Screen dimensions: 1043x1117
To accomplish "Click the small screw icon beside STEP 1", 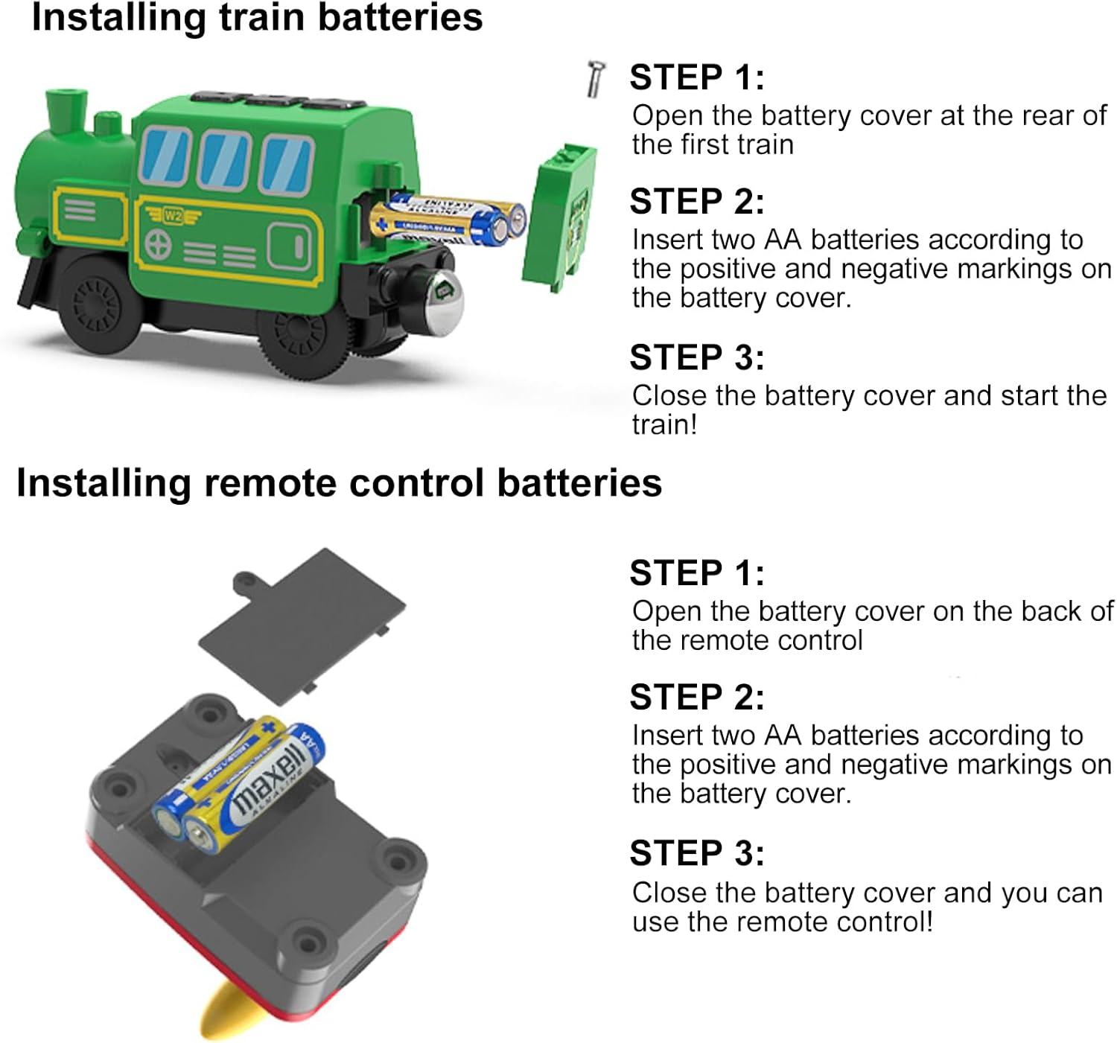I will (595, 79).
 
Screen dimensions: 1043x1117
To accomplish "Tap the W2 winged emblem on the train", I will (173, 216).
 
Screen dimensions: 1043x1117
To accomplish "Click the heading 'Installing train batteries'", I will (257, 18).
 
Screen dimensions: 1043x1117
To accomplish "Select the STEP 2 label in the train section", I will (696, 202).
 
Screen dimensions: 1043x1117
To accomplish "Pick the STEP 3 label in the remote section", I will (696, 853).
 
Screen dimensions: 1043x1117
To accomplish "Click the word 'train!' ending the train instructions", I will (664, 424).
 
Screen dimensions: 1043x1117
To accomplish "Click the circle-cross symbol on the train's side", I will (158, 244).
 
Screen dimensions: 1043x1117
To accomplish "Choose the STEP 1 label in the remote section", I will (696, 573).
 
